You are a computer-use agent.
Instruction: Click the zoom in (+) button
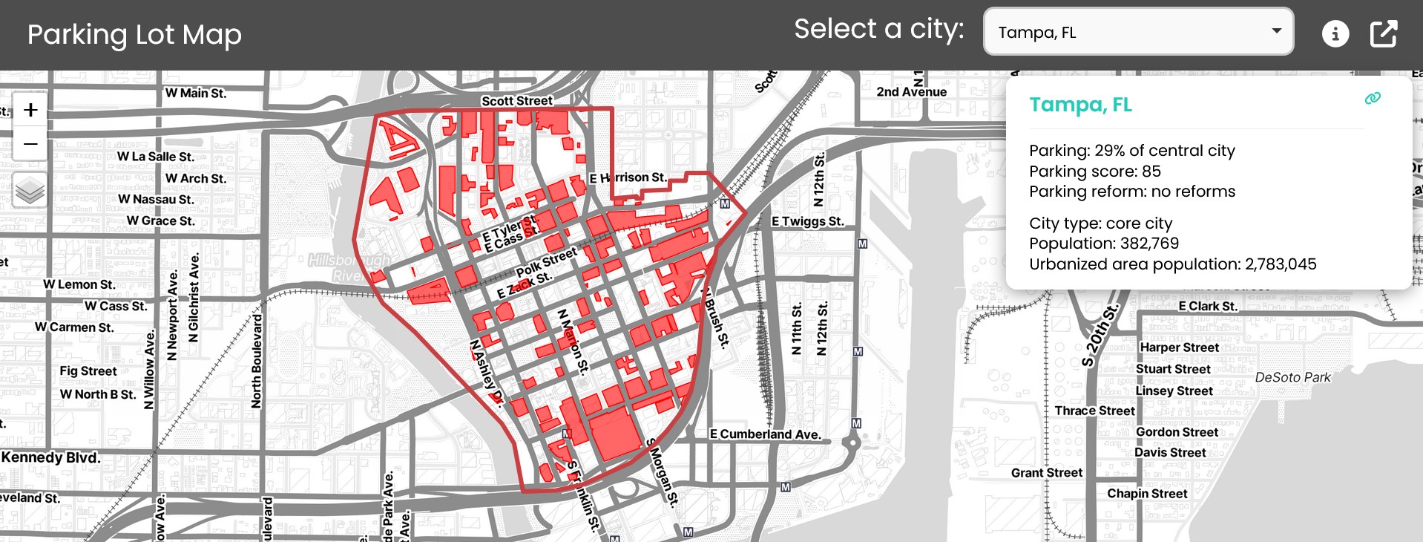point(30,110)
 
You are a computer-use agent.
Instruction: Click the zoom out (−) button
point(30,143)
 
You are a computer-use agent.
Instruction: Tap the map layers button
point(30,190)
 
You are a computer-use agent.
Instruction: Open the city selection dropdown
point(1138,32)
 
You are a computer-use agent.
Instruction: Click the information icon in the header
point(1335,33)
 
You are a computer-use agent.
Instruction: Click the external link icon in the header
point(1383,33)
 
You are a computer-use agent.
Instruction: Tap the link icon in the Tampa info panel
point(1373,98)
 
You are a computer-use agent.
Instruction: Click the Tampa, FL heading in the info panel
point(1080,105)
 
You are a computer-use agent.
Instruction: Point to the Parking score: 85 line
point(1094,171)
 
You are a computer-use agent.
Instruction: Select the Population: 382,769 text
point(1103,244)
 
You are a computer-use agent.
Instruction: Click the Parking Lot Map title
point(134,35)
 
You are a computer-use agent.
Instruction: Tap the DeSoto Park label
point(1292,377)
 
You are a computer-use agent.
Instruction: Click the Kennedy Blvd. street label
point(50,457)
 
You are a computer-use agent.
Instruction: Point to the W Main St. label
point(196,93)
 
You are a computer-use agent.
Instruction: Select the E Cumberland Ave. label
point(765,434)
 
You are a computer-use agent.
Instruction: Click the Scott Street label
point(516,101)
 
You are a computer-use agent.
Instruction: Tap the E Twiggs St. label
point(807,221)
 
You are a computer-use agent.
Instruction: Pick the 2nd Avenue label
point(911,92)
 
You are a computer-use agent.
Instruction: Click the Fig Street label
point(88,371)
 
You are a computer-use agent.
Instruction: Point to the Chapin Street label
point(1147,494)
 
